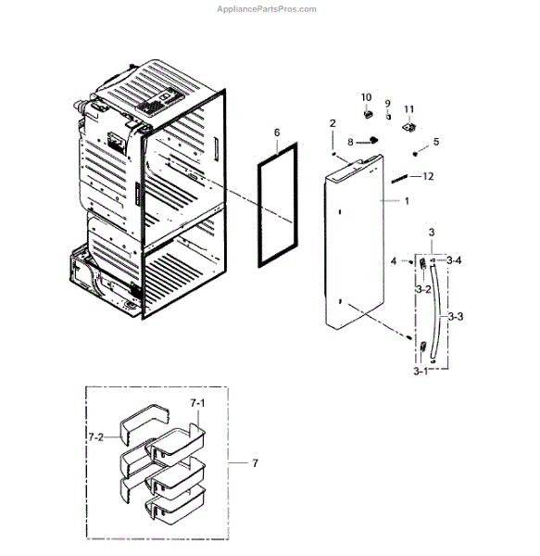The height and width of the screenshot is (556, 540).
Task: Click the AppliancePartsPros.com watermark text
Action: click(267, 9)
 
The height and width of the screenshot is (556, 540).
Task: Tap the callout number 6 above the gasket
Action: click(277, 133)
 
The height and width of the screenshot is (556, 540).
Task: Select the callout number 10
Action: click(366, 96)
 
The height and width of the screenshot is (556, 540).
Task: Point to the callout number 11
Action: click(408, 108)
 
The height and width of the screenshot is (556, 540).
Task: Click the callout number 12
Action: click(428, 176)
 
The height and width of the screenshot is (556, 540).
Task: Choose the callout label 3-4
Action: click(454, 260)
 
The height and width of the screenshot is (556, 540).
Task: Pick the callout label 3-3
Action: click(456, 316)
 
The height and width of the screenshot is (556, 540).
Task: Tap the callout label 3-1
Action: click(421, 372)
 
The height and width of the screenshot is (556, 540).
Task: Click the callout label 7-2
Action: click(95, 437)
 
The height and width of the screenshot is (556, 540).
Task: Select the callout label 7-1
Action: click(197, 403)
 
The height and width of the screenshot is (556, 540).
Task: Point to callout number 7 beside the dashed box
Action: click(255, 462)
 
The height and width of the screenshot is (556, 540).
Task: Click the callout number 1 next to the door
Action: click(407, 201)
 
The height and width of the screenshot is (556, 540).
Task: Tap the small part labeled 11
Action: click(409, 127)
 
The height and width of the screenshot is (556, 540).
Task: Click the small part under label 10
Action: click(368, 114)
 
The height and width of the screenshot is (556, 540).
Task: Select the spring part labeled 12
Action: click(399, 179)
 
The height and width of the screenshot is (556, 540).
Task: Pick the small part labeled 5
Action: click(415, 154)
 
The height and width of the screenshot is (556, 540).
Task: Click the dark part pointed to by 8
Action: click(372, 140)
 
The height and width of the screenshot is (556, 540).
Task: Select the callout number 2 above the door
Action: click(333, 123)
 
